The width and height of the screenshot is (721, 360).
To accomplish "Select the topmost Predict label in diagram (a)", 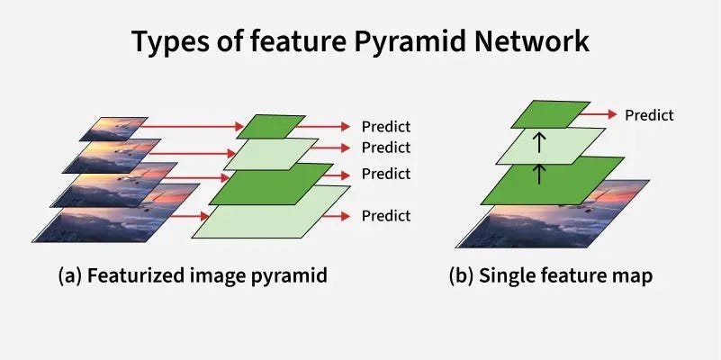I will tap(385, 127).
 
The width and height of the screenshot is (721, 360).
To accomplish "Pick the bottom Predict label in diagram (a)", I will tap(385, 216).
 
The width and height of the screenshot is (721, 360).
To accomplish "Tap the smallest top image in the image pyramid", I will tap(113, 129).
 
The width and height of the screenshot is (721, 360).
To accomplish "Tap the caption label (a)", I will tap(72, 276).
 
